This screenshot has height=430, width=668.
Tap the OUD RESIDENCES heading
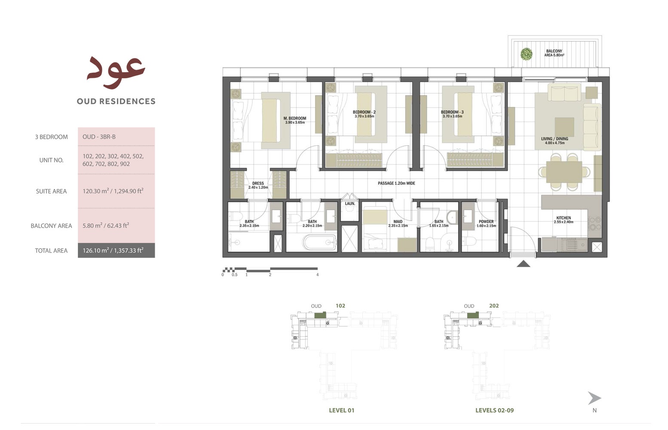point(116,101)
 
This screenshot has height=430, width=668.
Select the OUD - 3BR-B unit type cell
point(99,137)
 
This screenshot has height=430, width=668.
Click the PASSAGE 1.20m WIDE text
point(396,183)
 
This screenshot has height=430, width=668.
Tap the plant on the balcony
point(527,54)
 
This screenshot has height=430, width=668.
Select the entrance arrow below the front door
point(523,264)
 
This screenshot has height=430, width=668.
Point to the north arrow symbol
point(594,398)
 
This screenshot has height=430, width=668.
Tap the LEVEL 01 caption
point(341,410)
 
